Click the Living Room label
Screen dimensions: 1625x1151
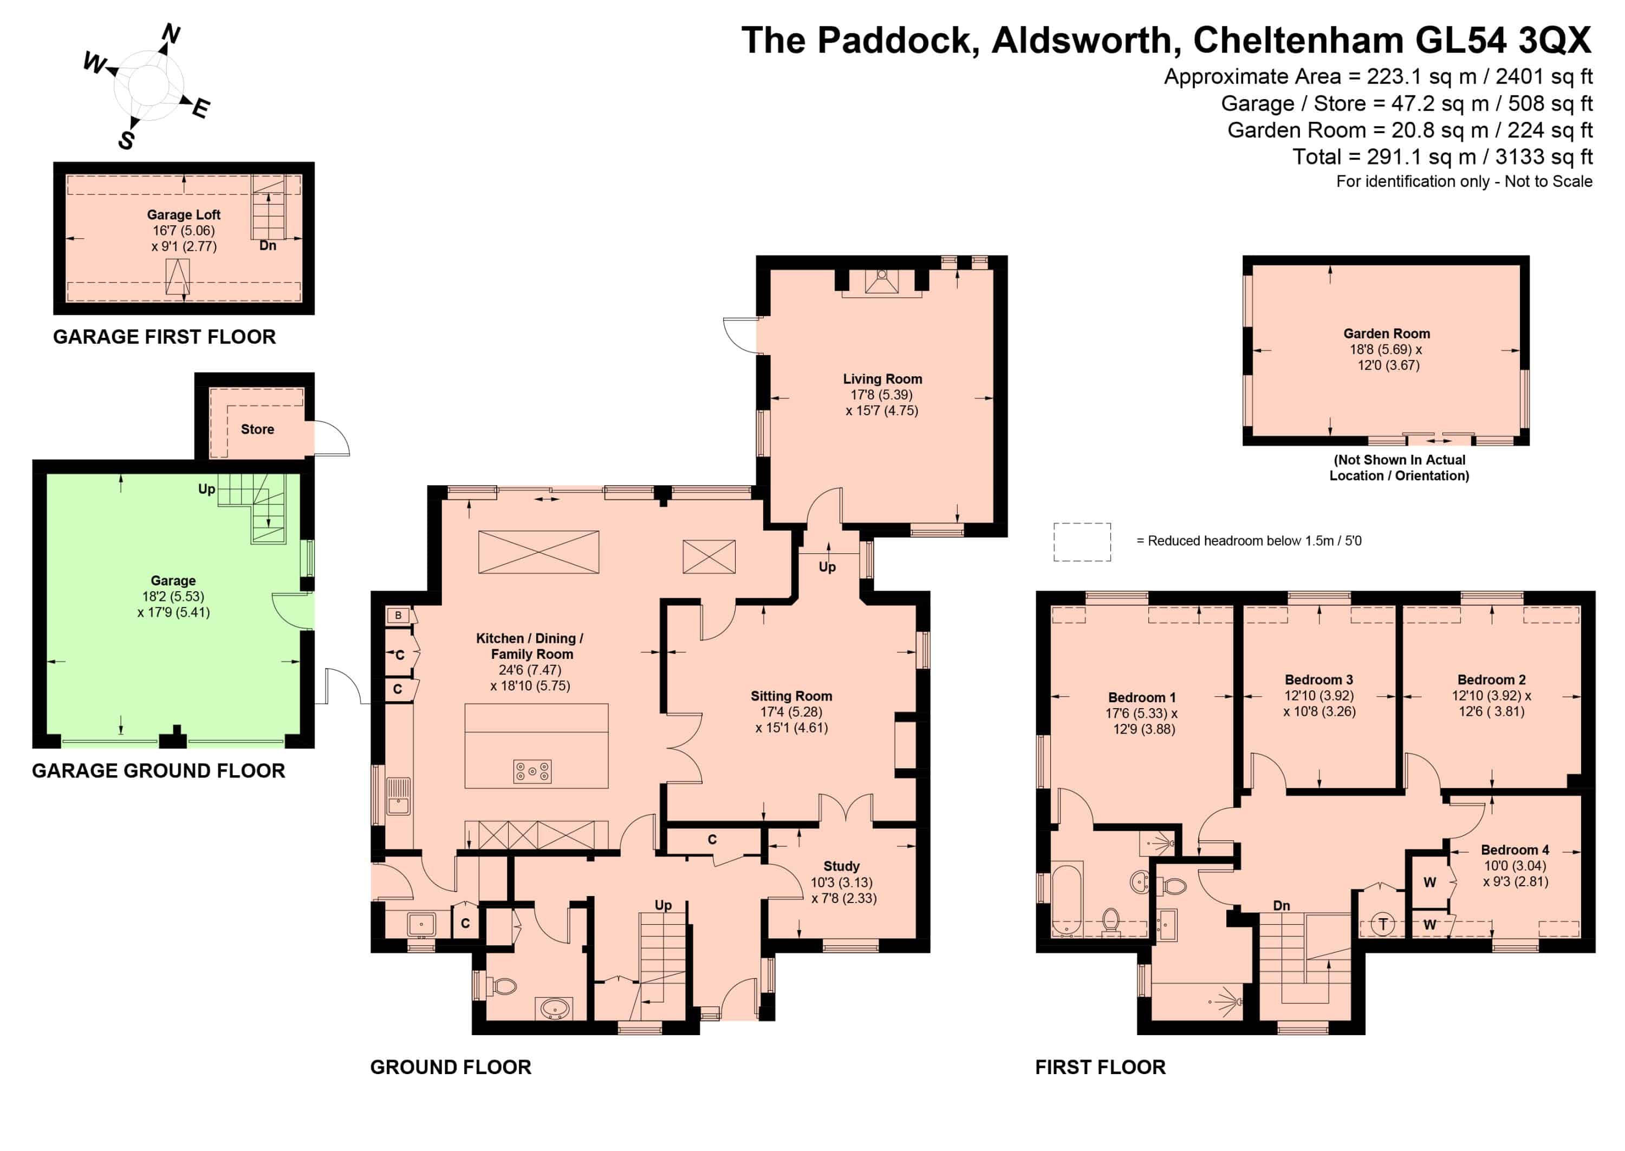[882, 379]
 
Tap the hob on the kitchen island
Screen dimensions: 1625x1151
[532, 771]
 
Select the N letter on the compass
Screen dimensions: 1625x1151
[171, 34]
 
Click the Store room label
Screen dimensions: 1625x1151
[257, 429]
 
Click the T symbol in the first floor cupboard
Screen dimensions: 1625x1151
[1382, 924]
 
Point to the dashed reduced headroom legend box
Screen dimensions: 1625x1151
[1082, 542]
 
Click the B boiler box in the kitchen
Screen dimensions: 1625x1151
[398, 615]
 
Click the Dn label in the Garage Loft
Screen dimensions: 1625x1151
[267, 246]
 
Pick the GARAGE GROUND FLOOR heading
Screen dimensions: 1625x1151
[158, 771]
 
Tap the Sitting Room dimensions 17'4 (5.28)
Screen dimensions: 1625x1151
[791, 711]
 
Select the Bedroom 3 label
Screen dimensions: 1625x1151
[1319, 679]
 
